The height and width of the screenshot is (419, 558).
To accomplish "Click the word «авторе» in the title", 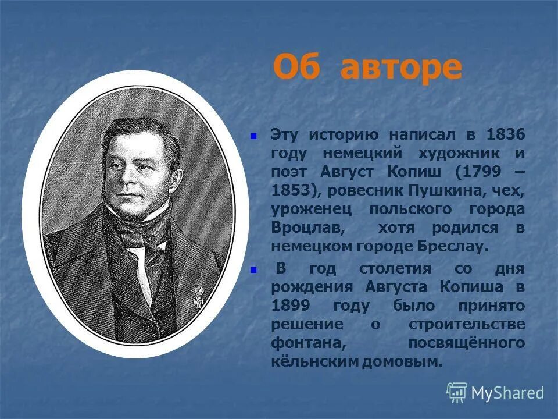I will coord(401,68).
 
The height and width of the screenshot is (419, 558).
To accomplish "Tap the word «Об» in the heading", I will coord(296,68).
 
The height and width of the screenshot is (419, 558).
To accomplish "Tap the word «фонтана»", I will coord(303,343).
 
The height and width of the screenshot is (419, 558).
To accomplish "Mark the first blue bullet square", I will coord(253,136).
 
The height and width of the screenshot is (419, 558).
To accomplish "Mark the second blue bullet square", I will coord(253,270).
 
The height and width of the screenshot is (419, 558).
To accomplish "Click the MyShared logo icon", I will coord(456,392).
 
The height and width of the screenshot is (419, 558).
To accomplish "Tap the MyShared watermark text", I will coord(507,393).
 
